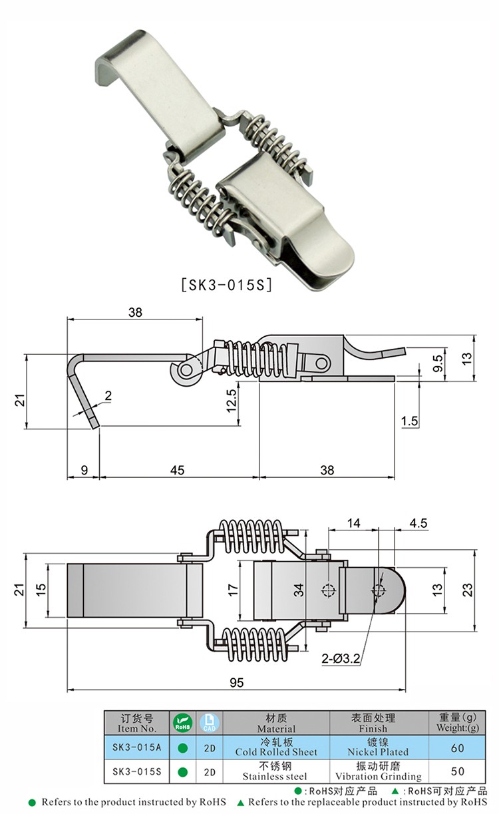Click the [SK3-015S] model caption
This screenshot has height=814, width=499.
(227, 285)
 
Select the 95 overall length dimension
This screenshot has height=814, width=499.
(237, 682)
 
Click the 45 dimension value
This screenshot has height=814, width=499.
(178, 470)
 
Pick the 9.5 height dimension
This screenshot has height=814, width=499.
(437, 363)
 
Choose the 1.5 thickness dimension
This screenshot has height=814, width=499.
(410, 421)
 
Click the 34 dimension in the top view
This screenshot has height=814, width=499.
(300, 589)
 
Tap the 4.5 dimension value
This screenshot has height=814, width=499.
(418, 523)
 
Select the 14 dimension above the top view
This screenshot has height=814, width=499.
(353, 523)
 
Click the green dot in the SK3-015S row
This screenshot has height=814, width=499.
(182, 772)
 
